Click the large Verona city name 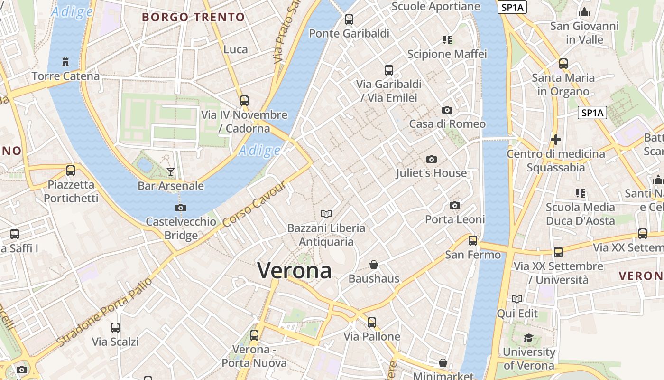click(x=294, y=270)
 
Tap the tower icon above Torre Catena click(x=65, y=62)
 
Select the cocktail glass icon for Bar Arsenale click(x=171, y=171)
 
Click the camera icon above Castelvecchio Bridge click(x=181, y=208)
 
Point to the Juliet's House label click(x=431, y=173)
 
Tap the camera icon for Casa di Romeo click(x=447, y=110)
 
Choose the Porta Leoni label click(x=455, y=219)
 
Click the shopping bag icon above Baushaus click(x=374, y=265)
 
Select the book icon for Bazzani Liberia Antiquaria click(x=326, y=214)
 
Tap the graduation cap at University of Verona click(x=528, y=338)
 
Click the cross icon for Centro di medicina click(x=556, y=140)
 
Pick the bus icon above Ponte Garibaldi click(x=349, y=19)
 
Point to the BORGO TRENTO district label click(x=194, y=18)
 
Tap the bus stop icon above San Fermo click(x=473, y=241)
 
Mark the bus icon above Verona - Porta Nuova click(x=254, y=335)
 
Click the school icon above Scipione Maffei click(x=447, y=40)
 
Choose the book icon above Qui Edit click(x=517, y=299)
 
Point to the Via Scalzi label click(x=115, y=342)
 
